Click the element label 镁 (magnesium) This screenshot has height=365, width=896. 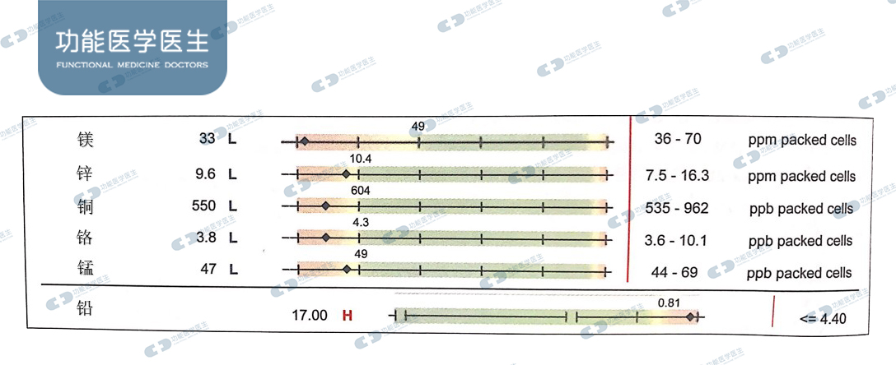point(85,140)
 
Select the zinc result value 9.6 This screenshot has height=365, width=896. point(205,173)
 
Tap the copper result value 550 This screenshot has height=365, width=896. point(204,206)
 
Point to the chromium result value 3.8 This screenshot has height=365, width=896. point(206,238)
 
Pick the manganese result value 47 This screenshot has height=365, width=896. point(209,268)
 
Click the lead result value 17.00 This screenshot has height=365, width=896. point(310,315)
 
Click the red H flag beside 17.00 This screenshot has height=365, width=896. point(347,315)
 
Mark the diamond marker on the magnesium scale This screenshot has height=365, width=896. point(304,141)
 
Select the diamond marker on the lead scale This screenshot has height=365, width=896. point(691,316)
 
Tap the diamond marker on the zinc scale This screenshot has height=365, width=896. point(346,174)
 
